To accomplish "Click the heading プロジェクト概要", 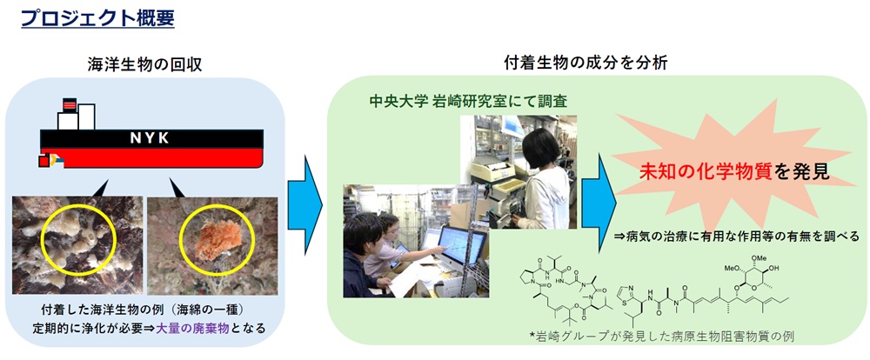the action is [x=97, y=18].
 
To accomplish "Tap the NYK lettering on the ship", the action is [x=150, y=138].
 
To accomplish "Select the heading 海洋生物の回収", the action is [x=144, y=65].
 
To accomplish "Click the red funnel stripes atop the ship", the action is [x=70, y=104].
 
